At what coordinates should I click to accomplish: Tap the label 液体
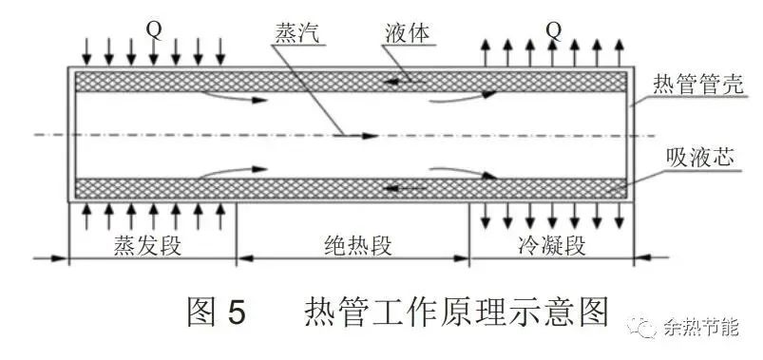(x=406, y=34)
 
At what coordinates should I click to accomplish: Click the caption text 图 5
(x=217, y=312)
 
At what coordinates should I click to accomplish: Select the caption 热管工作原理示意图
(x=455, y=312)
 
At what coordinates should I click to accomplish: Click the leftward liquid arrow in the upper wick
(x=404, y=82)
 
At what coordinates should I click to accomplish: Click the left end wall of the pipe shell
(x=68, y=134)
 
